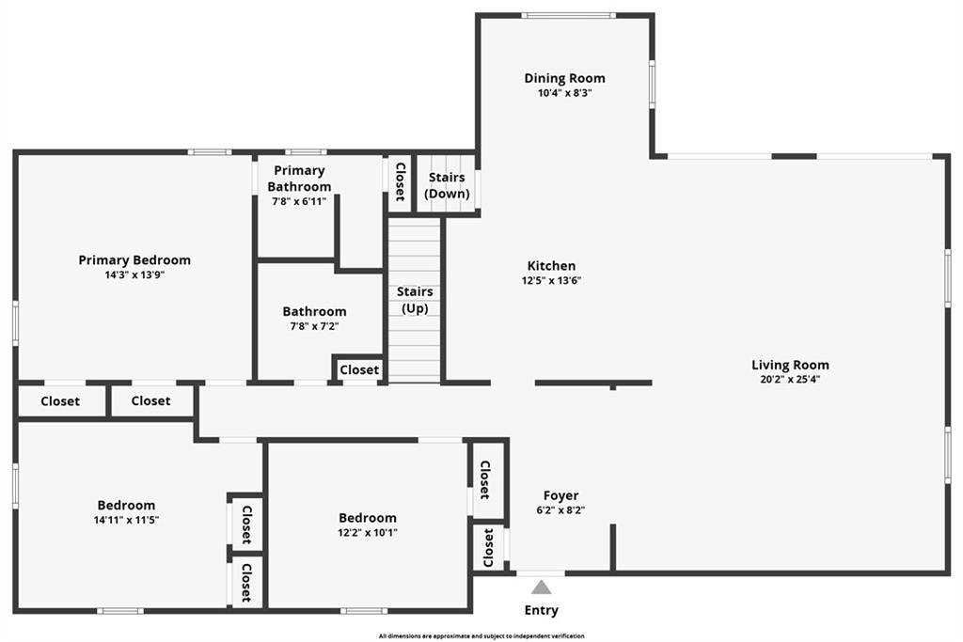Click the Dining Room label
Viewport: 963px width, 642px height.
[564, 78]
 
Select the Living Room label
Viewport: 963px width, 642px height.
[790, 365]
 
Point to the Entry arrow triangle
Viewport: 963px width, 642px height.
[542, 587]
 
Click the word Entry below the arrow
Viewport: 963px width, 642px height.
[542, 610]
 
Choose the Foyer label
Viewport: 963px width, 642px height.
[560, 495]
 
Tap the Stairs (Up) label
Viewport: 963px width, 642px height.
[415, 300]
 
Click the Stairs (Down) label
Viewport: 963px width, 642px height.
[447, 185]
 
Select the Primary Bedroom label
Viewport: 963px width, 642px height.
[134, 260]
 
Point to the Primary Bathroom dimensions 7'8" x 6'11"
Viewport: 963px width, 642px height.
[299, 200]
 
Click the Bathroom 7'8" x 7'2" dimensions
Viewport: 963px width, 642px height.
[314, 326]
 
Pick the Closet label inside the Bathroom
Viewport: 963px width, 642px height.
[359, 370]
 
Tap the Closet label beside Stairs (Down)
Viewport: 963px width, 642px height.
[400, 181]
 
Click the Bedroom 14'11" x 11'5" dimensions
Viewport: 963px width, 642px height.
[126, 519]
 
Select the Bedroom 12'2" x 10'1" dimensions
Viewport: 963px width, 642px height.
[368, 532]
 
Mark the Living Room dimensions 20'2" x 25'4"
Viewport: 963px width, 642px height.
[790, 380]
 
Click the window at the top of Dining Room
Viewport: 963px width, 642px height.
[568, 15]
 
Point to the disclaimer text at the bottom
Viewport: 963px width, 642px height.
[481, 636]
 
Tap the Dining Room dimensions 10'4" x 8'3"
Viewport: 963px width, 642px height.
[564, 93]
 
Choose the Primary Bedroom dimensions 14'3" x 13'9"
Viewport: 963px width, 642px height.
[134, 275]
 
